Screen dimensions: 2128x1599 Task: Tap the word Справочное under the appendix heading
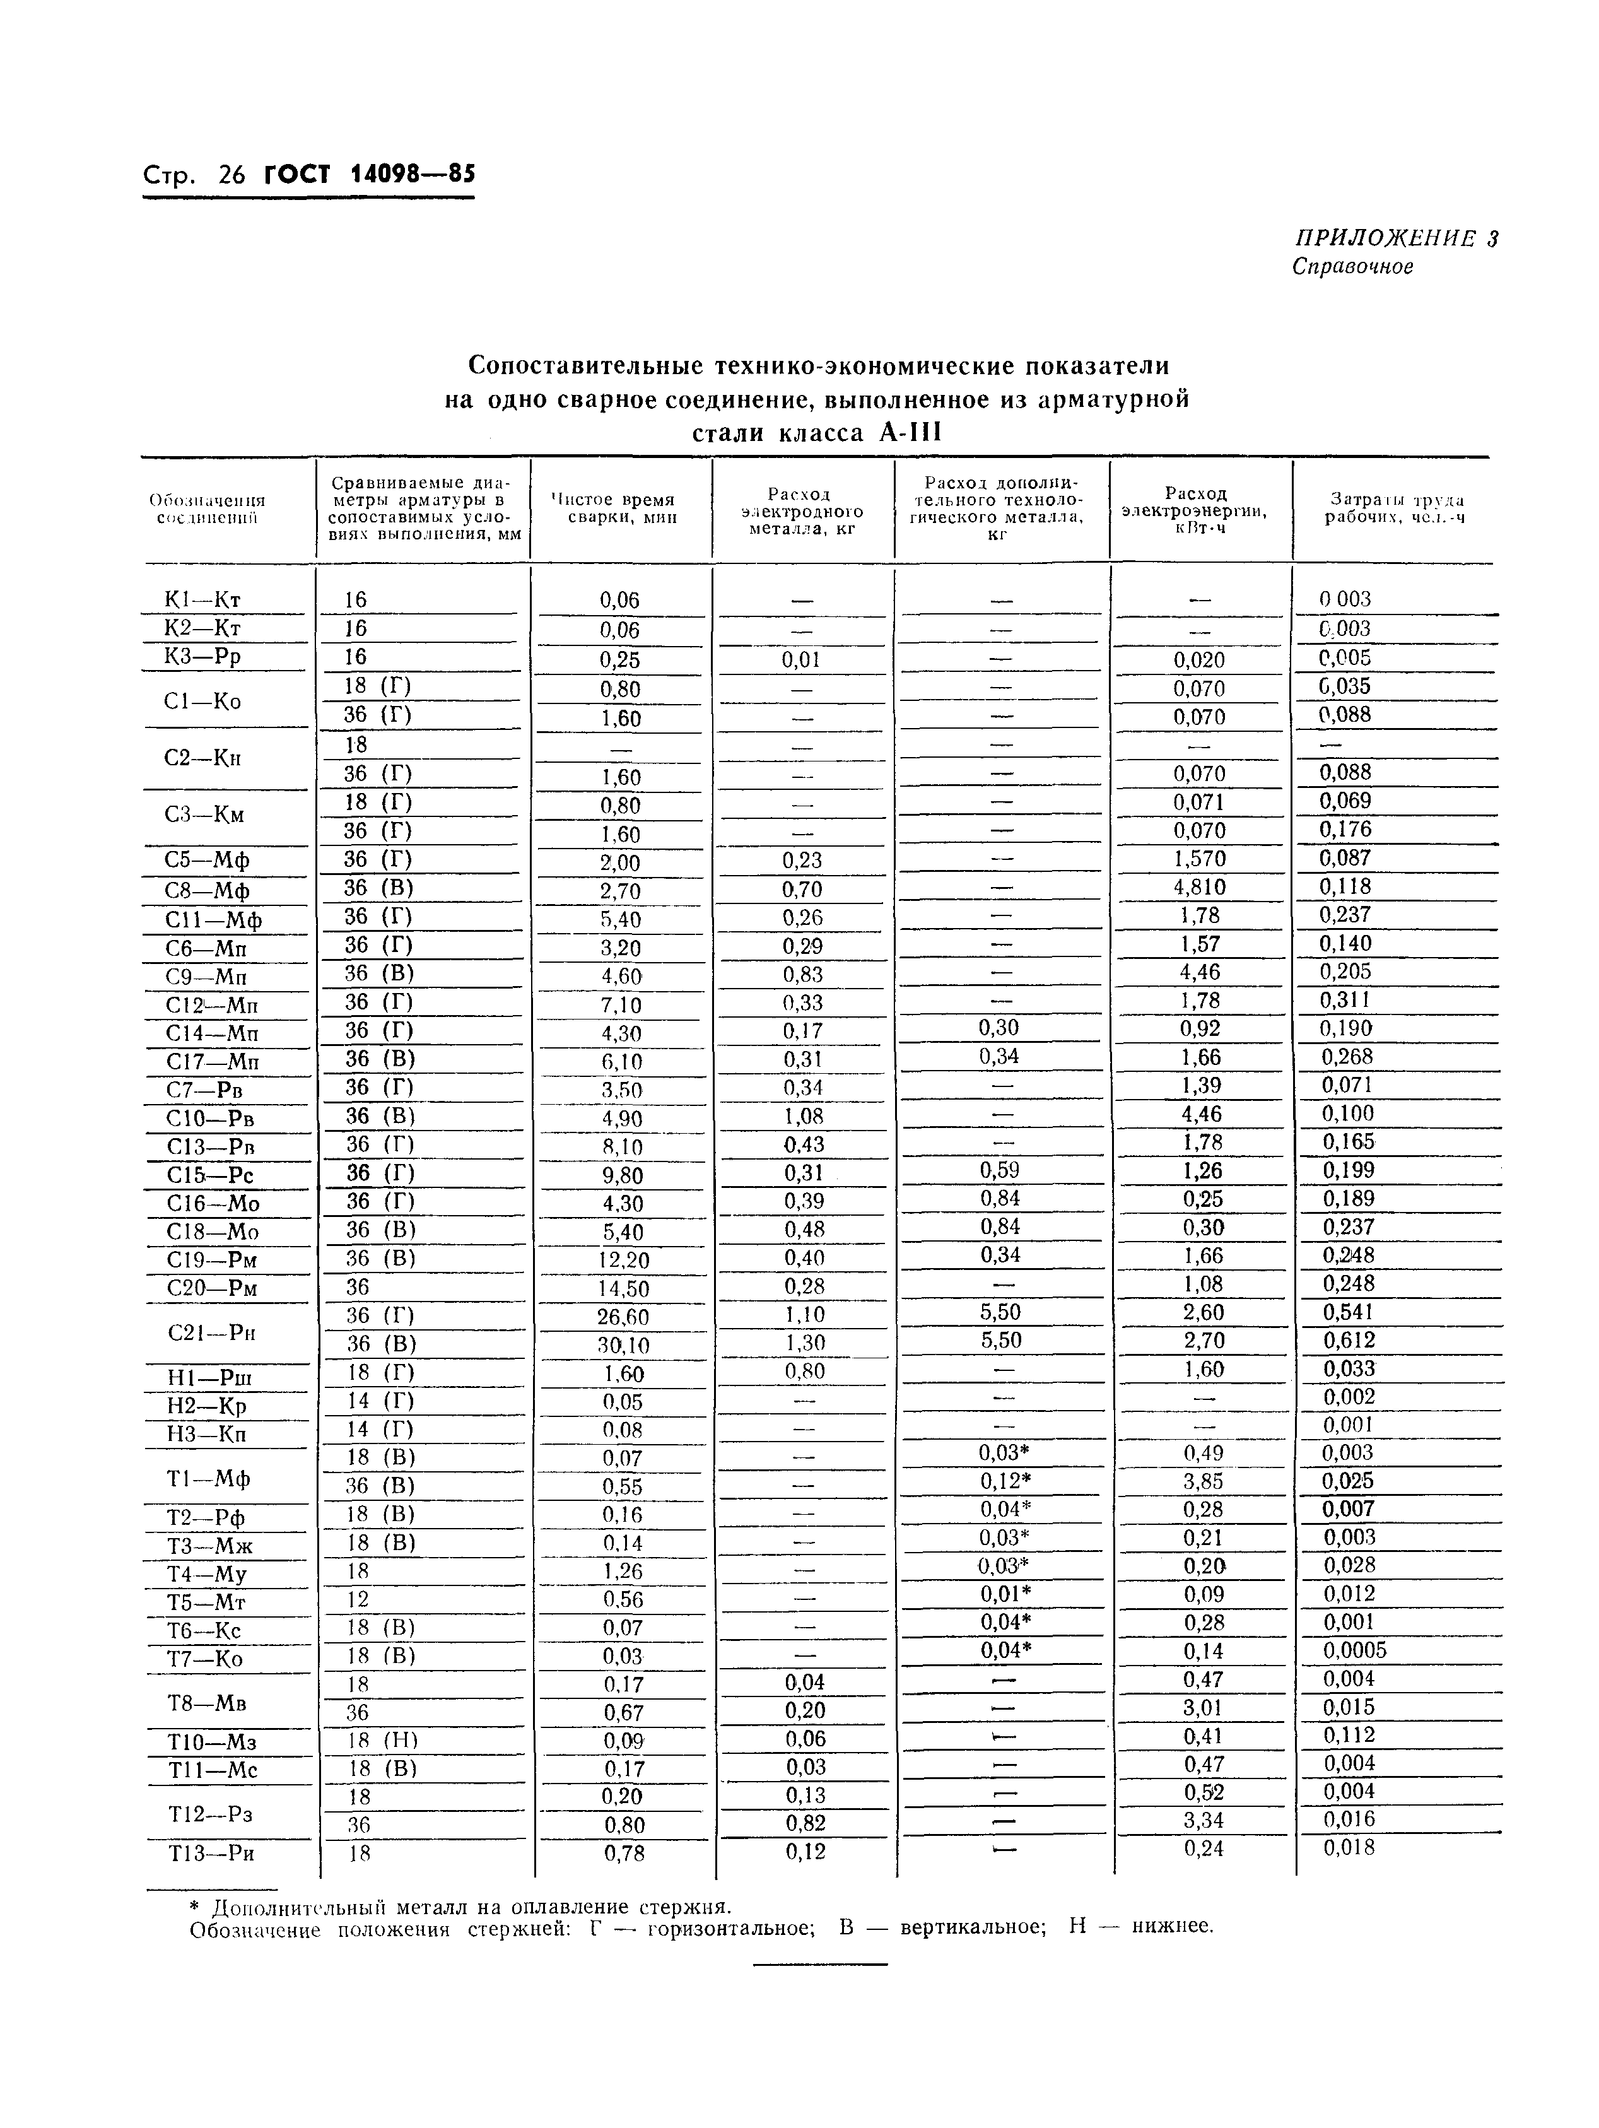[1353, 266]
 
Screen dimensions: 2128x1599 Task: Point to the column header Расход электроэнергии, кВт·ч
[1195, 510]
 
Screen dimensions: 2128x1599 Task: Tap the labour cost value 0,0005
[1355, 1650]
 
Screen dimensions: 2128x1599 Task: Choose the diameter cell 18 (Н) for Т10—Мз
[381, 1739]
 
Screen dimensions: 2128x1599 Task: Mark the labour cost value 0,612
[1348, 1340]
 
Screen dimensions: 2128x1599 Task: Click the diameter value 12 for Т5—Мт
[357, 1599]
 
